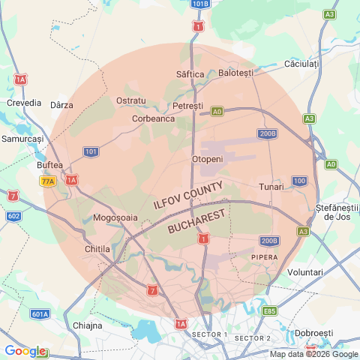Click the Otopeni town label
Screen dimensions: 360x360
pyautogui.click(x=208, y=160)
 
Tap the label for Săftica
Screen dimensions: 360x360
pyautogui.click(x=190, y=74)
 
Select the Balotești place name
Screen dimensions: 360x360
pyautogui.click(x=236, y=73)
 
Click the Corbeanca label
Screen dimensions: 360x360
pyautogui.click(x=153, y=118)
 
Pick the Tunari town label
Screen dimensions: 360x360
pyautogui.click(x=271, y=186)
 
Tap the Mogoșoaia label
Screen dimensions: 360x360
pyautogui.click(x=115, y=217)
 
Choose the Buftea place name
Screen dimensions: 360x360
pyautogui.click(x=49, y=165)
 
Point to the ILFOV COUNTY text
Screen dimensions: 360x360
pyautogui.click(x=187, y=194)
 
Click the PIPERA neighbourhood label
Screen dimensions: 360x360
pyautogui.click(x=264, y=256)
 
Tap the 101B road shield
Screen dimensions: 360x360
pyautogui.click(x=199, y=4)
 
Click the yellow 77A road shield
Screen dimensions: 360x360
pyautogui.click(x=48, y=181)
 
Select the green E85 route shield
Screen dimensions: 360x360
pyautogui.click(x=270, y=310)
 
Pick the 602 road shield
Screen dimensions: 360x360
pyautogui.click(x=13, y=216)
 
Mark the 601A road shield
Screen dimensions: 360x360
pyautogui.click(x=40, y=314)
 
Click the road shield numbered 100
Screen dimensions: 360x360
pyautogui.click(x=299, y=181)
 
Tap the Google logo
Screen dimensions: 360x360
pyautogui.click(x=24, y=351)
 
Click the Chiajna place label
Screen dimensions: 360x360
pyautogui.click(x=88, y=325)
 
